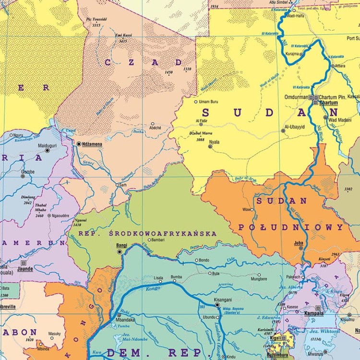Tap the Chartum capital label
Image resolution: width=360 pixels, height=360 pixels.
tap(328, 103)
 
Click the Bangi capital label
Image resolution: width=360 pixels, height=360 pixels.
tap(122, 245)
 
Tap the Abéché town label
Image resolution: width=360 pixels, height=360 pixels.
tap(155, 128)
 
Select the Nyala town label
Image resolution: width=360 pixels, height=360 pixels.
tap(214, 142)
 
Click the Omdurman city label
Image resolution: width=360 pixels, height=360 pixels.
tap(297, 96)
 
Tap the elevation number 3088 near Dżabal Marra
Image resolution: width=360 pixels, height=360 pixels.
tap(201, 140)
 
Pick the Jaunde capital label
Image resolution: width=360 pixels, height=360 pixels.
tap(25, 269)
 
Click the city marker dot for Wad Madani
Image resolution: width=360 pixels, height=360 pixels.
tap(325, 117)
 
